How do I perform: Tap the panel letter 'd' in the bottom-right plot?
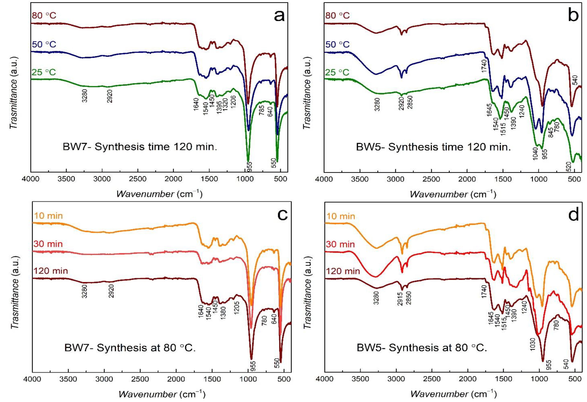point(573,215)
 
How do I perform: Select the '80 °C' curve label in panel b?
point(337,16)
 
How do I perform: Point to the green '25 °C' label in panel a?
point(44,72)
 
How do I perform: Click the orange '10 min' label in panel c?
point(48,216)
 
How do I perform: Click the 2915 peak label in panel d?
point(400,299)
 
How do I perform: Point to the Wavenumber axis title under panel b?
point(453,194)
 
